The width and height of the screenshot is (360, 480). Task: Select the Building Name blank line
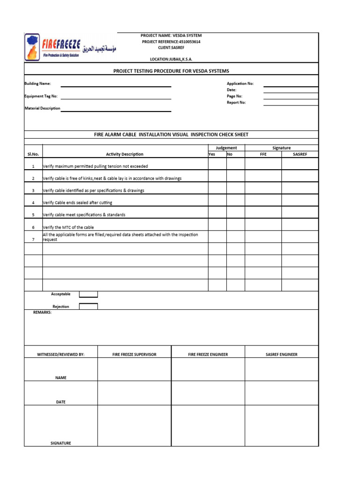tap(116, 86)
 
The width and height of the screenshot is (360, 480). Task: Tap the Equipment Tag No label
tap(41, 96)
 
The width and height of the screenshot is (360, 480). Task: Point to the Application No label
tap(240, 83)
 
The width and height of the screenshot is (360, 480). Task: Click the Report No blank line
tap(291, 105)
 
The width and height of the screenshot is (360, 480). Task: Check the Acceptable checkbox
tap(88, 294)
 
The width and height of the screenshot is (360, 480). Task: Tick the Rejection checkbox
tap(88, 307)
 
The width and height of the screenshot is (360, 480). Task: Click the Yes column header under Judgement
tap(212, 154)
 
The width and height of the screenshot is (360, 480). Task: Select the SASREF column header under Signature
tap(300, 154)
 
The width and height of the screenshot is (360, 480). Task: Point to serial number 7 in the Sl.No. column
tap(33, 240)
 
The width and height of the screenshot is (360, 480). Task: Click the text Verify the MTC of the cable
tap(68, 227)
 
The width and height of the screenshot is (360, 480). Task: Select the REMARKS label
tap(42, 312)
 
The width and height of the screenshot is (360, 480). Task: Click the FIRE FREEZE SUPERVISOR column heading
tap(134, 354)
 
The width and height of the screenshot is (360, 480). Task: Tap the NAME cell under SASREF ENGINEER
tap(281, 369)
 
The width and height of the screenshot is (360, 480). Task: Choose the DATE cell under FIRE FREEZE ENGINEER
tap(208, 393)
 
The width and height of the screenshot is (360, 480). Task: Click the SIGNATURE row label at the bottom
tap(60, 443)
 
